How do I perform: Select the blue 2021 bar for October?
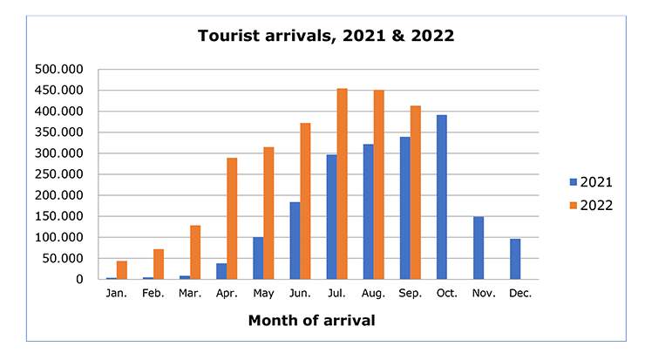click(442, 197)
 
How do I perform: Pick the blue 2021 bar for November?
click(479, 248)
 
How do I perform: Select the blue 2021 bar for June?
click(295, 241)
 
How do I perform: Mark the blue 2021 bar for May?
click(258, 258)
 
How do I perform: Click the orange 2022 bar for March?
click(196, 253)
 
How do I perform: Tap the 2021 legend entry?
click(590, 182)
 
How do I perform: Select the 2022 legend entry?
click(590, 206)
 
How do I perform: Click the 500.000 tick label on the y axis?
click(59, 70)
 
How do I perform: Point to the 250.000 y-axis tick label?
click(59, 174)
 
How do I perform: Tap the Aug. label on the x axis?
click(373, 294)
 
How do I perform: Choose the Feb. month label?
click(153, 294)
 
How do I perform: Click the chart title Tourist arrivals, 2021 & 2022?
click(326, 37)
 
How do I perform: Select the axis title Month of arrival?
click(311, 321)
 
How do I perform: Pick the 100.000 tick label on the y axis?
click(59, 237)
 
